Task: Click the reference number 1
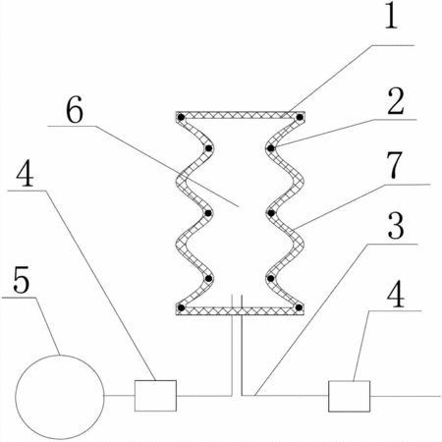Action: tap(391, 15)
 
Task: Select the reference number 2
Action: tap(396, 101)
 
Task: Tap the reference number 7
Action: tap(394, 165)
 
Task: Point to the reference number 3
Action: tap(396, 226)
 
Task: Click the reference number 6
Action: tap(75, 111)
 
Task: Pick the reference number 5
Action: tap(22, 279)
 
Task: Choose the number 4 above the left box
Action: tap(25, 174)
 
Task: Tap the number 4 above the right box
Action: tap(396, 295)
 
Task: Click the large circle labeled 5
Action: tap(60, 397)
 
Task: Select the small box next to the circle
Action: tap(155, 396)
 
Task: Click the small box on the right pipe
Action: tap(350, 396)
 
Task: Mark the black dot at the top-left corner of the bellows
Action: tap(181, 117)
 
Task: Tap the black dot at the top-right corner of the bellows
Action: tap(300, 117)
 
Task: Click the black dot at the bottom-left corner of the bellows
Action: tap(181, 307)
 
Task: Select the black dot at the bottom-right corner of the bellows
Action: tap(299, 307)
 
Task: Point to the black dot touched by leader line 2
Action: tap(270, 148)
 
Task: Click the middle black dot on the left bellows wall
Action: tap(208, 213)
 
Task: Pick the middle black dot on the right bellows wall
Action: tap(271, 213)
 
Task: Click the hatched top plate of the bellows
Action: tap(241, 115)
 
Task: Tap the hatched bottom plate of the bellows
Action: tap(241, 311)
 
